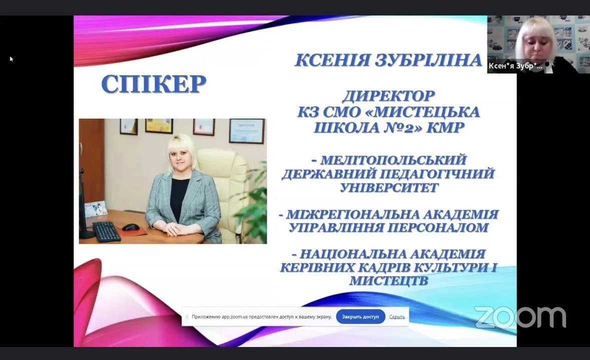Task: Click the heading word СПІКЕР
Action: [x=154, y=84]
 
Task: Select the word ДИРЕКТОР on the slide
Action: [x=389, y=96]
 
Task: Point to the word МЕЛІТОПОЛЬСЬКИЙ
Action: [x=394, y=160]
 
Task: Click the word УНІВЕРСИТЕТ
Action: [x=389, y=187]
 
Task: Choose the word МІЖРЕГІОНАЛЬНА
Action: [x=353, y=214]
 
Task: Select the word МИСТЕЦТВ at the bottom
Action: [x=389, y=280]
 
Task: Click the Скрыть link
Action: [x=397, y=317]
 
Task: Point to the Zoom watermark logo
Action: [x=520, y=317]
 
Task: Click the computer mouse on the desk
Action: [x=131, y=227]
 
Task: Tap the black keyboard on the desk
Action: [x=107, y=231]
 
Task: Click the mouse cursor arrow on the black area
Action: [x=12, y=59]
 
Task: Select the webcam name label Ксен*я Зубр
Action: [x=515, y=66]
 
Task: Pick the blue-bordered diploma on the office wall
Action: [x=247, y=131]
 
